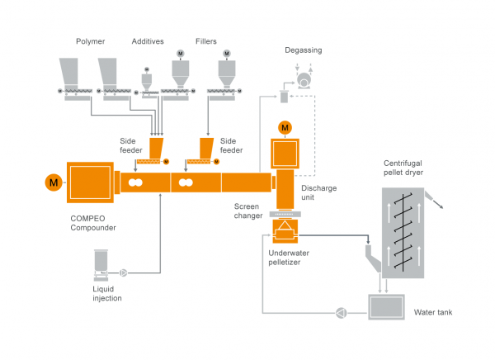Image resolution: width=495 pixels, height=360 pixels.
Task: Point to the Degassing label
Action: click(x=304, y=50)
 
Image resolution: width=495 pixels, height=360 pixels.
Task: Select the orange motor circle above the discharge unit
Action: click(x=285, y=127)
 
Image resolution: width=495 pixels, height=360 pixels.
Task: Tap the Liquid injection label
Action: click(x=107, y=293)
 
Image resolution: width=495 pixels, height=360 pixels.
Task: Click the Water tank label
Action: click(x=431, y=312)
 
